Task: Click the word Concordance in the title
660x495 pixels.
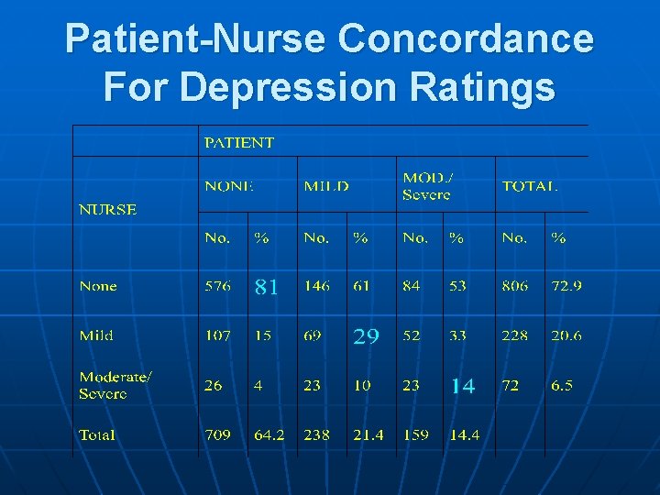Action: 466,39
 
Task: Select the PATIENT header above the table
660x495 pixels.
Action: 238,142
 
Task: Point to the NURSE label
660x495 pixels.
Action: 107,209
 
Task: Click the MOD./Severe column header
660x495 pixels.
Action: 426,186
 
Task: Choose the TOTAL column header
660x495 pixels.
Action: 529,186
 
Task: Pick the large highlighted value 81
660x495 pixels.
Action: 266,287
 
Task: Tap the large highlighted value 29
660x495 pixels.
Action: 366,336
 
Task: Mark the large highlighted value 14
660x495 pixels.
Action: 462,386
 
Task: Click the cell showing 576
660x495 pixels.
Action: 217,286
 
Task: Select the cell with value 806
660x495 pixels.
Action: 514,286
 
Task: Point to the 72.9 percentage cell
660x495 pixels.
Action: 566,286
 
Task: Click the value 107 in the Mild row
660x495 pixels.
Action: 217,335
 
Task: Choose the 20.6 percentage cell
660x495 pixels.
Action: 566,335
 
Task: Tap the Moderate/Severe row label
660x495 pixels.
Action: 115,385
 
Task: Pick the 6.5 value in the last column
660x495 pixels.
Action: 561,385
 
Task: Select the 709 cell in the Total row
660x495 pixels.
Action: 217,434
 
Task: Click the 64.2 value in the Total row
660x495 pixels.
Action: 269,434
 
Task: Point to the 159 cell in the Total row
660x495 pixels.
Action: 415,434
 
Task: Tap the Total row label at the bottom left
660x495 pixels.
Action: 97,434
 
